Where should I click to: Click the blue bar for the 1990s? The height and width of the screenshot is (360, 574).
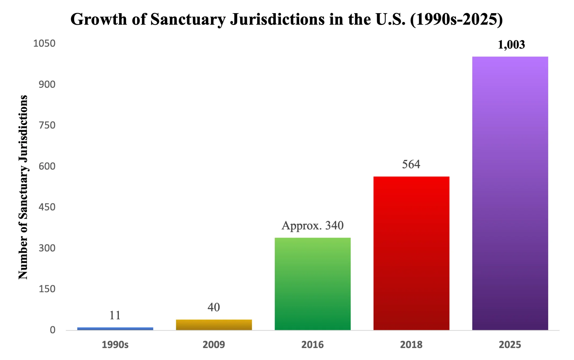[x=115, y=329]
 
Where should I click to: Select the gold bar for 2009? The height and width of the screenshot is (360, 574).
[x=214, y=325]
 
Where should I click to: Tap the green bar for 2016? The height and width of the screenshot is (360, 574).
[x=312, y=284]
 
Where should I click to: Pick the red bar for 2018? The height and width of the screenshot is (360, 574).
[x=411, y=253]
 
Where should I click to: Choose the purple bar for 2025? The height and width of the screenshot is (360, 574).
[x=510, y=193]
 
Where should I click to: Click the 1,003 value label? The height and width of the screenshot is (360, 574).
[x=511, y=45]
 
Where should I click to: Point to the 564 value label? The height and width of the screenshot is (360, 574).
[x=411, y=164]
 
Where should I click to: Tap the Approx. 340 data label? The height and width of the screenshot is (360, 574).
[x=312, y=225]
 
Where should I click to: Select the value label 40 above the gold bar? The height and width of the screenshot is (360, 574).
[x=214, y=307]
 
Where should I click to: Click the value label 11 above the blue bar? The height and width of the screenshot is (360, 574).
[x=115, y=315]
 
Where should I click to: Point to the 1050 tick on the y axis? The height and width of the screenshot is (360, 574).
[x=44, y=43]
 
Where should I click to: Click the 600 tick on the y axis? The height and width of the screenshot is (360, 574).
[x=47, y=166]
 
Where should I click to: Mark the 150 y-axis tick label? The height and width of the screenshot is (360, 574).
[x=47, y=289]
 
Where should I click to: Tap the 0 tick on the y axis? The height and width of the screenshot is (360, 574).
[x=53, y=330]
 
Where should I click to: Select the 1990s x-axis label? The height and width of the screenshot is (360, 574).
[x=115, y=345]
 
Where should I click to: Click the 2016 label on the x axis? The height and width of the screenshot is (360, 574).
[x=312, y=345]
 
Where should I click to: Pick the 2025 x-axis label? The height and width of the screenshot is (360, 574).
[x=510, y=345]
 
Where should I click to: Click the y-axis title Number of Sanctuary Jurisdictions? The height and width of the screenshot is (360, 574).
[x=23, y=187]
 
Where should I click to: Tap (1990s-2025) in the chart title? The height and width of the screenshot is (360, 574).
[x=456, y=19]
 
